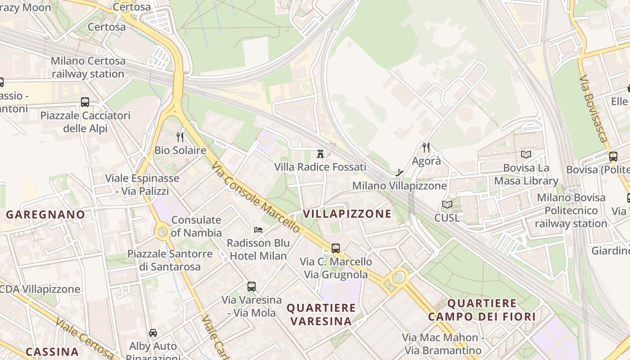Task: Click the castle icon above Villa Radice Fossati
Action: click(320, 154)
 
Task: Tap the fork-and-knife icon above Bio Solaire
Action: click(180, 137)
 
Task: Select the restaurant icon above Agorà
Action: click(426, 147)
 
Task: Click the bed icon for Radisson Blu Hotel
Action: click(258, 229)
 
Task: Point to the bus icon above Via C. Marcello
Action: click(336, 248)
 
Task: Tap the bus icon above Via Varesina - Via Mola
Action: click(252, 286)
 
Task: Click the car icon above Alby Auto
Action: click(153, 333)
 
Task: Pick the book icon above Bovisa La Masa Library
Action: click(526, 154)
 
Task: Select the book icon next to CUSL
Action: click(447, 205)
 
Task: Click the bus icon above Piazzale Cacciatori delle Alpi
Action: click(85, 102)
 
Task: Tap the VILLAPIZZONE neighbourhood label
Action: click(347, 214)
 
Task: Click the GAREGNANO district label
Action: click(45, 215)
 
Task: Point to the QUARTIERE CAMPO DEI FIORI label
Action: click(481, 310)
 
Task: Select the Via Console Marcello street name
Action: click(255, 198)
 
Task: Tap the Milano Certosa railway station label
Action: click(88, 67)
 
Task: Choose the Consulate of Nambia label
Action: click(196, 226)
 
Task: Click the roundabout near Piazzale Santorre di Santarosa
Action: click(163, 232)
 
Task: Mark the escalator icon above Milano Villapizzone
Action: click(399, 172)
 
